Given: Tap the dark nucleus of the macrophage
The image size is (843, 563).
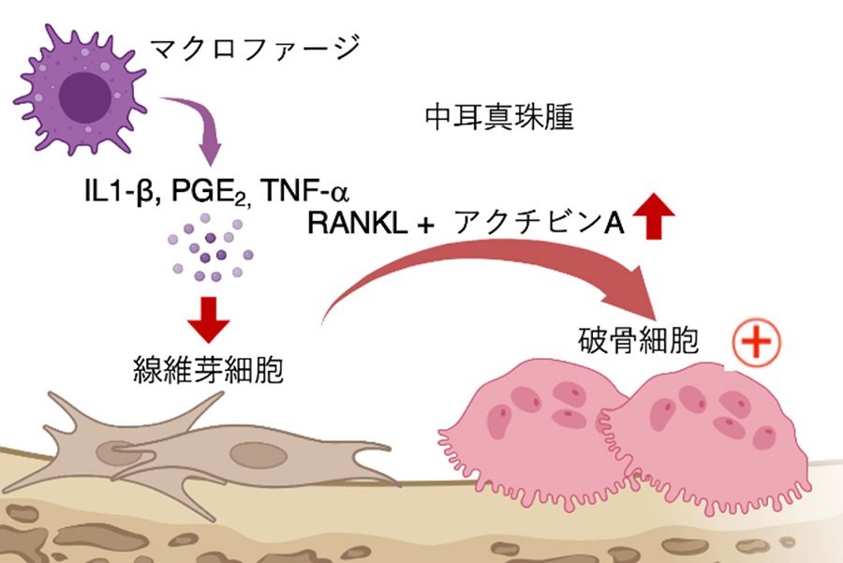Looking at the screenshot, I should click(x=80, y=95).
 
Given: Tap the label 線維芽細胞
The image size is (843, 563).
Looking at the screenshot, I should click(x=211, y=373).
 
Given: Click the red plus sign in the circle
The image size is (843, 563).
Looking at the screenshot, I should click(x=755, y=348).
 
